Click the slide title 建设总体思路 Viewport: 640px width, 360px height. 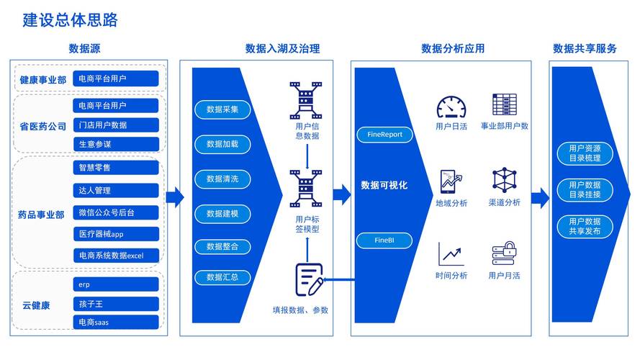click(x=70, y=20)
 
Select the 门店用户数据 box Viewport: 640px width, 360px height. click(x=116, y=125)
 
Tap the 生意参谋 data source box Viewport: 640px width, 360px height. click(x=116, y=144)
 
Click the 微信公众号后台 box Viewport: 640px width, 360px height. click(x=116, y=212)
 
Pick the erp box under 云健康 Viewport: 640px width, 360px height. click(x=116, y=284)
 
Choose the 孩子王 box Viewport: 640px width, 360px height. click(x=116, y=303)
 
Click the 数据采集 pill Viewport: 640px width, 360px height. click(x=227, y=110)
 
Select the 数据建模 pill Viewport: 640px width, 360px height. click(x=227, y=213)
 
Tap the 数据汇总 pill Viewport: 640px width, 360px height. click(x=227, y=276)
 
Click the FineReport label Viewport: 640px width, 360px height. click(x=384, y=134)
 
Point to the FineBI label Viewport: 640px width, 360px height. click(x=384, y=240)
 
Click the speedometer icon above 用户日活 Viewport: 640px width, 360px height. click(x=451, y=107)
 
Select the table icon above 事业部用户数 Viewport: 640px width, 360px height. click(x=504, y=104)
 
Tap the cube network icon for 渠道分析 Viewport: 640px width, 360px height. click(x=504, y=181)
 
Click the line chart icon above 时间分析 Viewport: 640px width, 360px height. click(x=451, y=254)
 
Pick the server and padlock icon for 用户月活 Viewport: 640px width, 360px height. click(x=504, y=254)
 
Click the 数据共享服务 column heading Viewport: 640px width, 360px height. click(x=585, y=49)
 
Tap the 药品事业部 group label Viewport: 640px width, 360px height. click(x=41, y=215)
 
